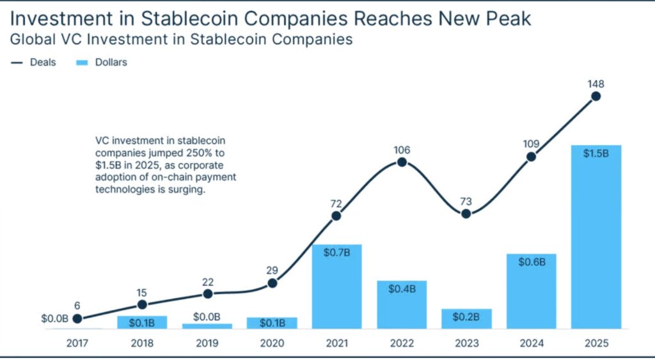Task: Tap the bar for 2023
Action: tap(466, 318)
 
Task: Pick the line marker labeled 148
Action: tap(596, 97)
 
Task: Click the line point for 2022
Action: tap(402, 162)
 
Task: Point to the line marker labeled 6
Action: tap(77, 318)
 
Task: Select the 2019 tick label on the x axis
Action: tap(207, 343)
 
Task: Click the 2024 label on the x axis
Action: tap(531, 343)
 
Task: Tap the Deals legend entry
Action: tap(36, 63)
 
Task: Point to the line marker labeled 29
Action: tap(272, 283)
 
